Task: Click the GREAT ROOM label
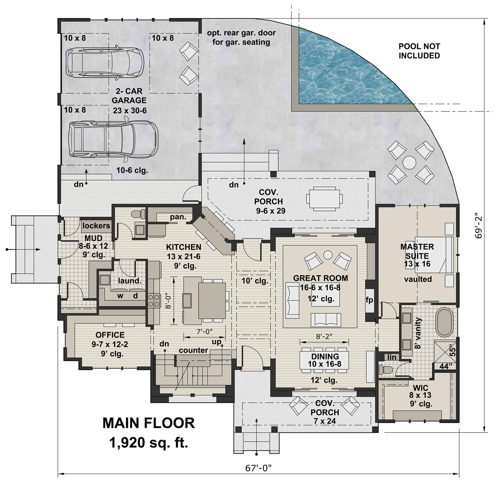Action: (320, 278)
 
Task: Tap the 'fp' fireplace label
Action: (369, 300)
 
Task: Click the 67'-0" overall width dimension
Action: (258, 468)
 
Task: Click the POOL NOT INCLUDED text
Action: (419, 51)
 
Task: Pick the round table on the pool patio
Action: (409, 162)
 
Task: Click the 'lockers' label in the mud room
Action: (96, 226)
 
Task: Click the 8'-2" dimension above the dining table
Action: (324, 336)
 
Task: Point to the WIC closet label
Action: (420, 388)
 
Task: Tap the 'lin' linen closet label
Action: (392, 357)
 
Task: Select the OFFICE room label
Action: (110, 335)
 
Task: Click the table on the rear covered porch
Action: (324, 199)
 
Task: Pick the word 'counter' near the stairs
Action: (193, 350)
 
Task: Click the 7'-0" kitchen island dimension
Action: (205, 331)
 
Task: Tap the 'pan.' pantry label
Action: (178, 217)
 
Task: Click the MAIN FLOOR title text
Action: (148, 423)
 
